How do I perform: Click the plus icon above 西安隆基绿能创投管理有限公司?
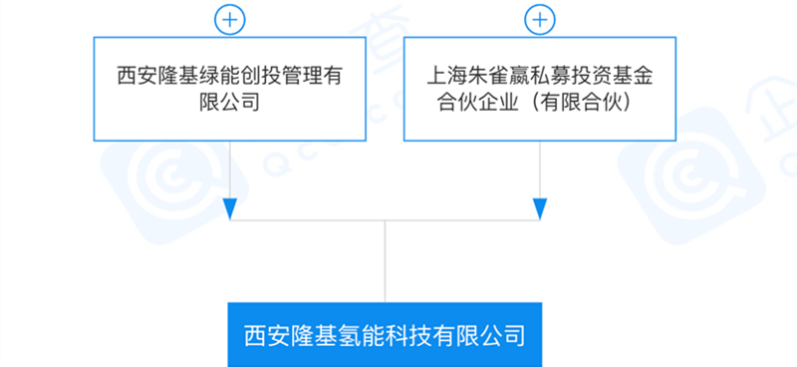click(230, 20)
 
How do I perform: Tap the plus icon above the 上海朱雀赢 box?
click(540, 20)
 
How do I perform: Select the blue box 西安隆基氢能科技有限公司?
click(385, 335)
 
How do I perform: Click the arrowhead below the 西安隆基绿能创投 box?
click(230, 208)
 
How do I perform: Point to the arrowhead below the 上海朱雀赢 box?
click(540, 208)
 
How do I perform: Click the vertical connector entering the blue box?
click(385, 261)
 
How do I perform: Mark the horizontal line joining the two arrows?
click(385, 220)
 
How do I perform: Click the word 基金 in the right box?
click(630, 77)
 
